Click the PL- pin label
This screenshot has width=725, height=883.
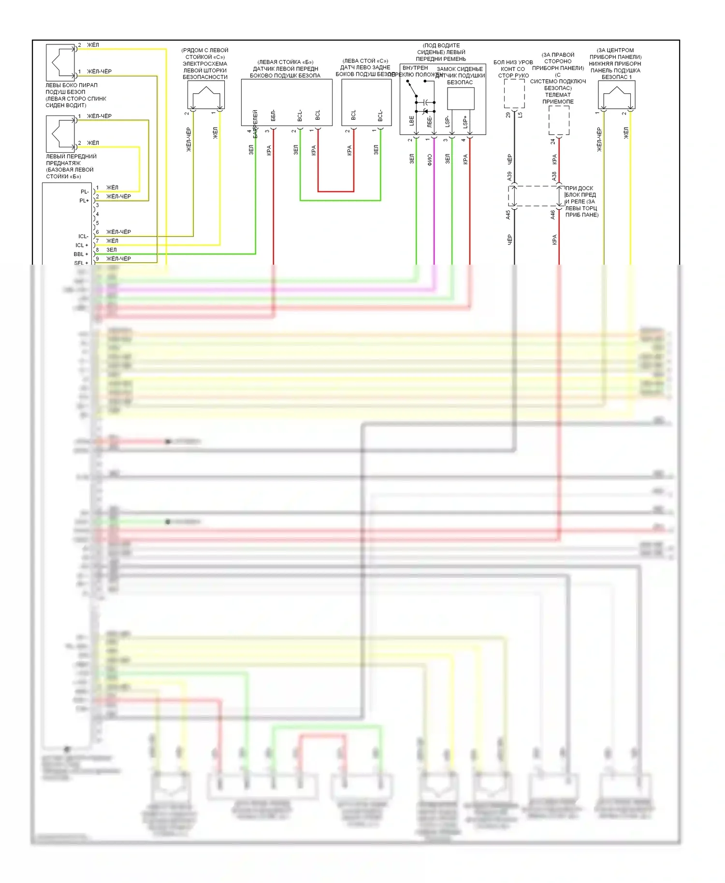(85, 192)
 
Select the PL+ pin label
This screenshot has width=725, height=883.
(84, 200)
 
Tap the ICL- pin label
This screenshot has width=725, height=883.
(83, 236)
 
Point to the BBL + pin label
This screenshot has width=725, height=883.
(81, 254)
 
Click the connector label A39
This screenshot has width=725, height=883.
(509, 176)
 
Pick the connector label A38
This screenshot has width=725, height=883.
(554, 176)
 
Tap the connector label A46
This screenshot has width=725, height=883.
(553, 215)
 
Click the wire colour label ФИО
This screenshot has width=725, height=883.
(430, 160)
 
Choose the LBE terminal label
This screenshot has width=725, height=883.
(412, 121)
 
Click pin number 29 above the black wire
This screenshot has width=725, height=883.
(508, 115)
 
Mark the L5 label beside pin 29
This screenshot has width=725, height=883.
(520, 115)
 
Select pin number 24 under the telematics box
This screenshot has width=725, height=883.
(553, 142)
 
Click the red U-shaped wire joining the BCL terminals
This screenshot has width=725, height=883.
(336, 191)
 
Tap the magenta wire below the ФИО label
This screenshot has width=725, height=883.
(434, 217)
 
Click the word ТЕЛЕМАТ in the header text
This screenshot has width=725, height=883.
(558, 95)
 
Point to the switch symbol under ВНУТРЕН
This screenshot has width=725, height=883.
(412, 89)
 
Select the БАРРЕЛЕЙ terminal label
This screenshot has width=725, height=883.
(255, 124)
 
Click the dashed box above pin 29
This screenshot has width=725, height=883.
(514, 94)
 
